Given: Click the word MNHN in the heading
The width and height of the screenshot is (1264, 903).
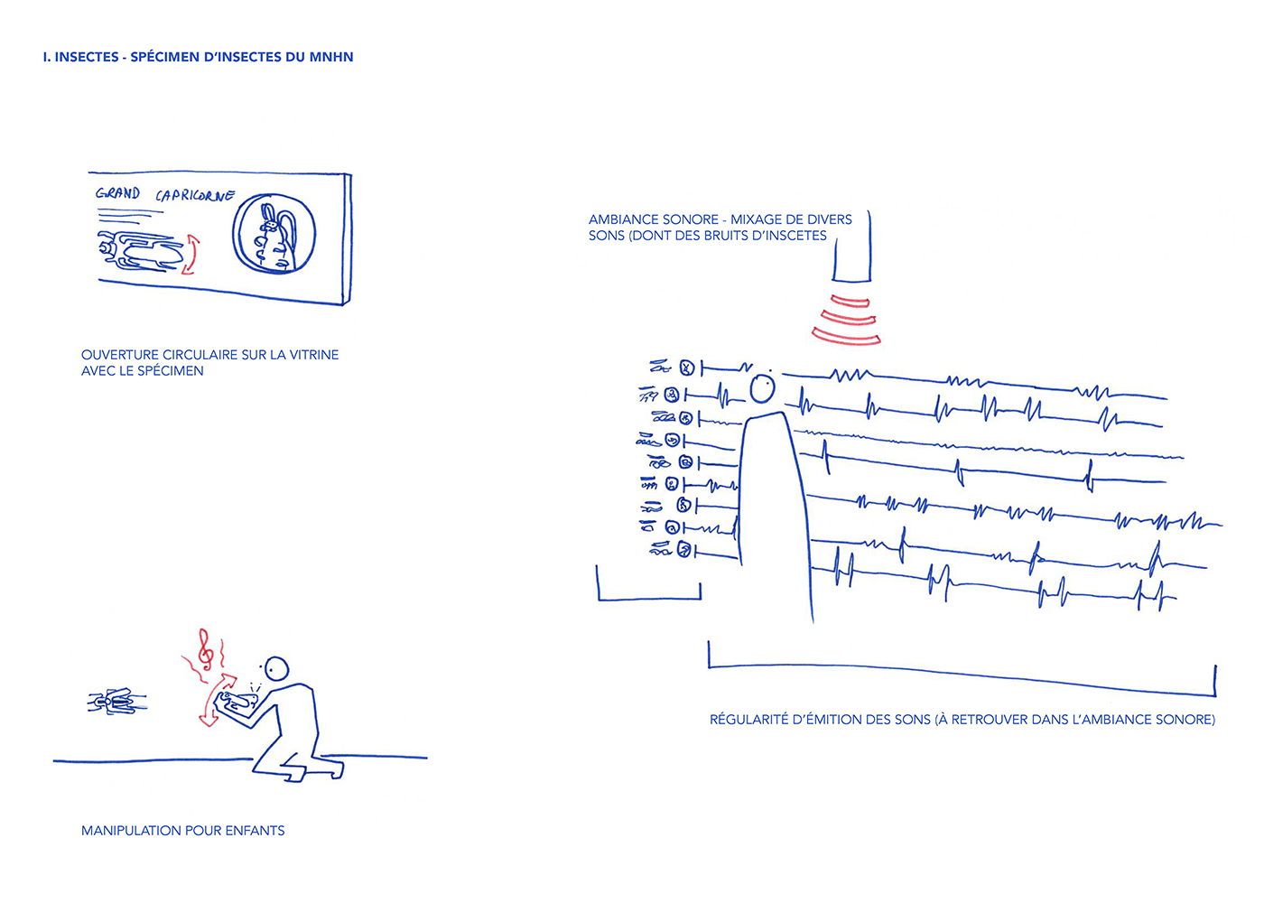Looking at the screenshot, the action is [x=331, y=57].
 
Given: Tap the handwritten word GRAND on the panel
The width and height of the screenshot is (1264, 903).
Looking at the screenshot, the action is [x=118, y=193].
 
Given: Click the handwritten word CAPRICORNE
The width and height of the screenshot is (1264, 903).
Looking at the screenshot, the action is [x=195, y=196].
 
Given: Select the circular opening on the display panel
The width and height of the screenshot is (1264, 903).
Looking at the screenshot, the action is [x=274, y=234].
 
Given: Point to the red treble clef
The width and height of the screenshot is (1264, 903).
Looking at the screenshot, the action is [x=207, y=649].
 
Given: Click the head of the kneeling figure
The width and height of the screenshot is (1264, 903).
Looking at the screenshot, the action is [x=277, y=670].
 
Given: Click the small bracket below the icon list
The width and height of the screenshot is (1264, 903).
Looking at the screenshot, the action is [x=649, y=598].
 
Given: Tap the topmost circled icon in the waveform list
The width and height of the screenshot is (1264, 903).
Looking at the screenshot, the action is [x=686, y=368].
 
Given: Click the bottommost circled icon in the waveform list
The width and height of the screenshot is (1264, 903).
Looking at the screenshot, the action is [x=684, y=549].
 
